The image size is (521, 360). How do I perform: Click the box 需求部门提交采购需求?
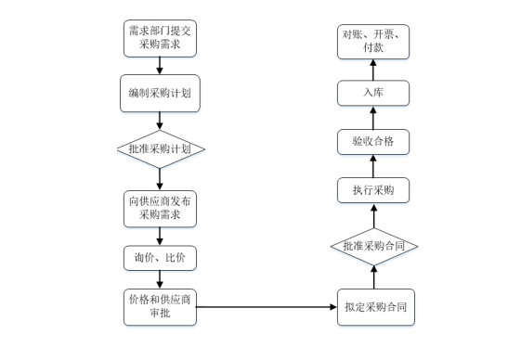click(x=160, y=38)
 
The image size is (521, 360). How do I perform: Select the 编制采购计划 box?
click(x=160, y=94)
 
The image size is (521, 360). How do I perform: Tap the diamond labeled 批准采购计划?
click(x=160, y=148)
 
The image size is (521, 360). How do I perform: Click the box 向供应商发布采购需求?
click(x=160, y=209)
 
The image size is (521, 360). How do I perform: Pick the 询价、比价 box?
click(x=160, y=257)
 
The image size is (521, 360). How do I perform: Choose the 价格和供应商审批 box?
click(x=160, y=307)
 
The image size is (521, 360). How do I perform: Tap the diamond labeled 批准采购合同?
click(x=373, y=246)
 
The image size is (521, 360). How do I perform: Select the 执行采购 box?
click(x=373, y=190)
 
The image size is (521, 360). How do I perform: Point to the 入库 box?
click(x=373, y=94)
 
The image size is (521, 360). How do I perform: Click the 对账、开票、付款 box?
click(x=373, y=40)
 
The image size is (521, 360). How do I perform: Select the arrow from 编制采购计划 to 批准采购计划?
click(x=160, y=122)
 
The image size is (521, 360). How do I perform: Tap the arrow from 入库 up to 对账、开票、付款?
click(x=373, y=69)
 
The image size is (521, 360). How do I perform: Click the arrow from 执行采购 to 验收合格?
click(x=373, y=166)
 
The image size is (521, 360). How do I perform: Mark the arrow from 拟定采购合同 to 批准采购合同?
click(x=373, y=276)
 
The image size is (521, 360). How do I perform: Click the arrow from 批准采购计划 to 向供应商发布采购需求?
click(x=160, y=177)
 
